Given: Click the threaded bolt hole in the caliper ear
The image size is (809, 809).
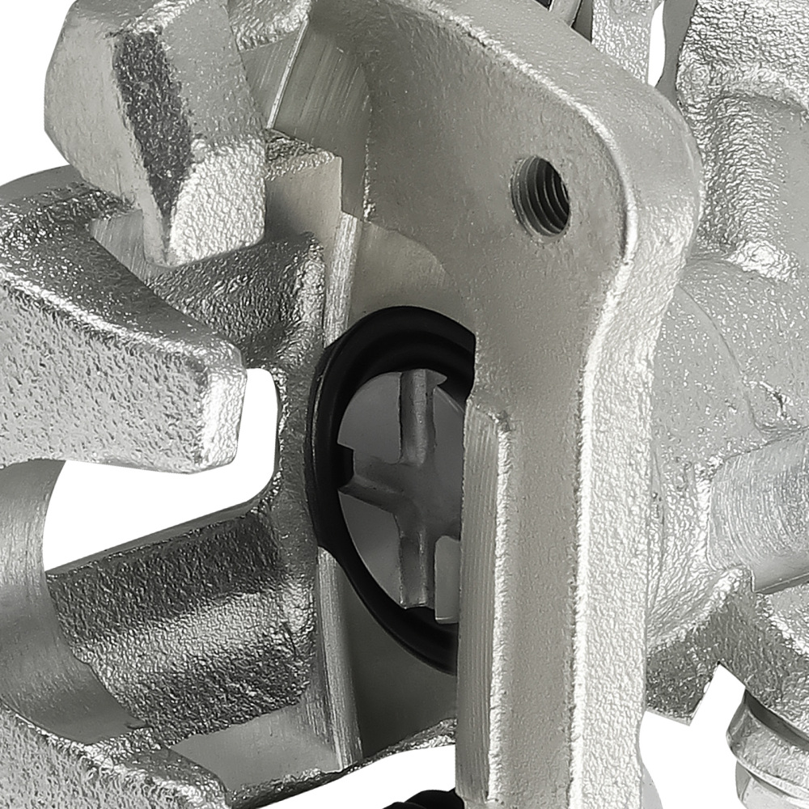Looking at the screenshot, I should (x=540, y=195).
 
